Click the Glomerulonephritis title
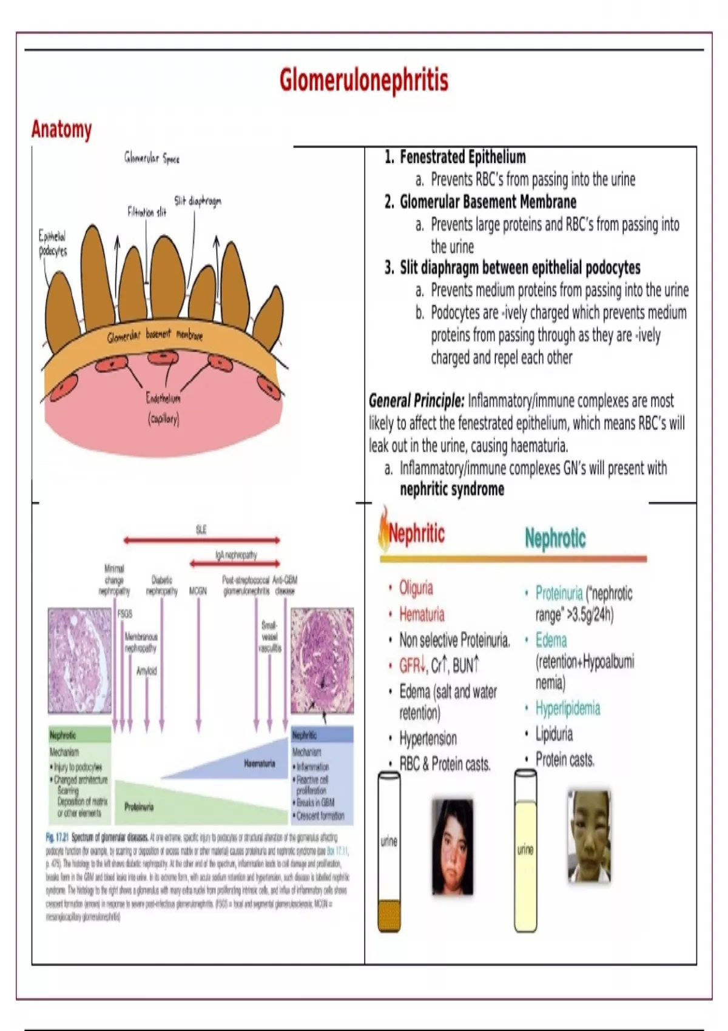click(x=363, y=80)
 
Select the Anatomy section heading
click(x=61, y=129)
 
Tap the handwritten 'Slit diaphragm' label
click(x=198, y=201)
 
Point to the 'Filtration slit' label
click(x=146, y=212)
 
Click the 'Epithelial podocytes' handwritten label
click(x=53, y=243)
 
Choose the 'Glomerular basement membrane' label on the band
click(x=155, y=335)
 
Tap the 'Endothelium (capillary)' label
click(x=163, y=408)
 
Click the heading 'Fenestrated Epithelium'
click(x=462, y=157)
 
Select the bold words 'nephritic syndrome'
click(x=451, y=489)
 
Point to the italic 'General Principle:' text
click(x=416, y=401)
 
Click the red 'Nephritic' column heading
click(x=416, y=534)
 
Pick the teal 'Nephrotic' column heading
click(x=555, y=538)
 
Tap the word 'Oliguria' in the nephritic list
click(x=416, y=588)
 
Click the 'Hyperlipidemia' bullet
click(x=567, y=708)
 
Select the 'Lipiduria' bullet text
click(x=553, y=734)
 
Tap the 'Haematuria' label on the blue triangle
click(x=259, y=764)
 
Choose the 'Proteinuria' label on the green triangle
click(x=139, y=807)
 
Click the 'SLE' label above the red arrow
click(x=201, y=529)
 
